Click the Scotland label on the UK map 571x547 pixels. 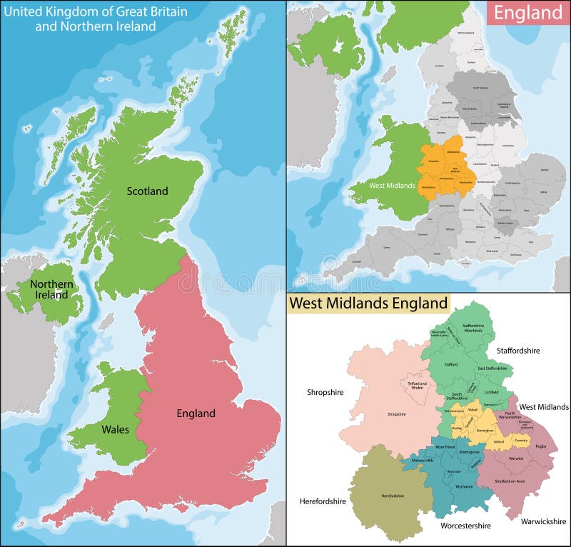(x=147, y=191)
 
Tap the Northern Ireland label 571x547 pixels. (x=51, y=289)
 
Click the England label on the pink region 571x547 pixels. (x=196, y=413)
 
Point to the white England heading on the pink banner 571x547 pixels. (x=528, y=13)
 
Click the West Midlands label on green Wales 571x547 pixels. (x=392, y=186)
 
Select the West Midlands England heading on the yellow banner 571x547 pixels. (x=368, y=303)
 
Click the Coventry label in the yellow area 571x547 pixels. (x=520, y=441)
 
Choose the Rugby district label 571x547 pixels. (x=541, y=446)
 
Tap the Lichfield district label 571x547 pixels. (x=492, y=393)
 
